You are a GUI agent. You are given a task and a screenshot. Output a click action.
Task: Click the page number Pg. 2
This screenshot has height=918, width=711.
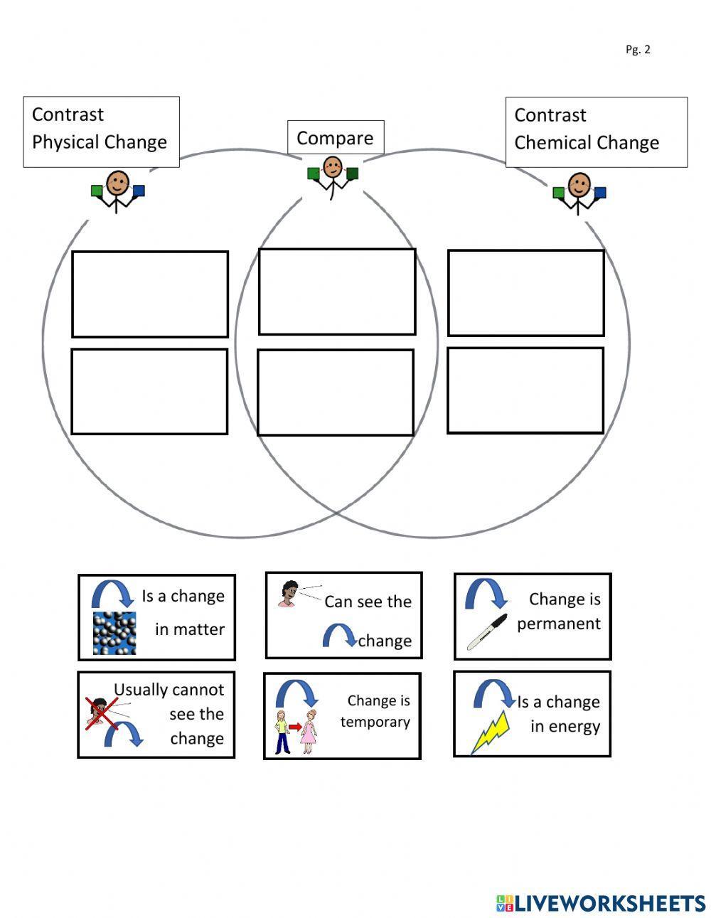(638, 49)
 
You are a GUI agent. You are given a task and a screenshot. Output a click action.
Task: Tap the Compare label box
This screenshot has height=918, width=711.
(335, 137)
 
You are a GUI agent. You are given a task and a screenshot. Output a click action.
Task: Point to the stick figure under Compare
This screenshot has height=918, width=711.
(332, 176)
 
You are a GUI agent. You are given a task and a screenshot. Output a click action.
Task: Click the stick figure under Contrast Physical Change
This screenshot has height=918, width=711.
(117, 191)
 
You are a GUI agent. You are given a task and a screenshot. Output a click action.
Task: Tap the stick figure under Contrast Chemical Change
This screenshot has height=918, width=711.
(579, 192)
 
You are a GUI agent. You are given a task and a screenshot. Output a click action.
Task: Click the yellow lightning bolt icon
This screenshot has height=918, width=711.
(491, 732)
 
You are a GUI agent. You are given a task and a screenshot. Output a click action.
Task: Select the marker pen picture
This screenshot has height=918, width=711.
(486, 631)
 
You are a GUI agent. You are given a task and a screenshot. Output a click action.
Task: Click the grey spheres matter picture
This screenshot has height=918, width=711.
(114, 632)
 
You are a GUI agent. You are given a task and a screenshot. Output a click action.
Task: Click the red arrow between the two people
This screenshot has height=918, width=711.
(294, 727)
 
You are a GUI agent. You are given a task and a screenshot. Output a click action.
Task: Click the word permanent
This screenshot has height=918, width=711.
(559, 624)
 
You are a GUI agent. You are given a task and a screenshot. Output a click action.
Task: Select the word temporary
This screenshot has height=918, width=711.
(375, 722)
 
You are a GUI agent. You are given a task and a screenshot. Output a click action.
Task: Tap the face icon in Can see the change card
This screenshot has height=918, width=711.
(289, 594)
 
